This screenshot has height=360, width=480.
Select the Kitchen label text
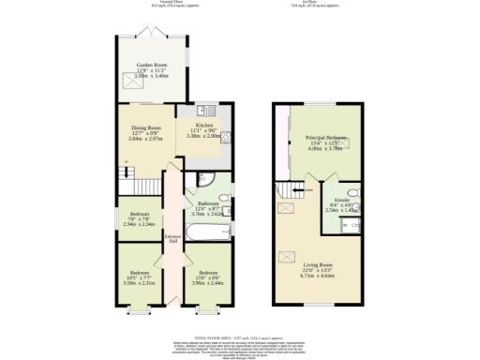point(203,129)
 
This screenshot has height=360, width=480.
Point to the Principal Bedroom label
point(325,142)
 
